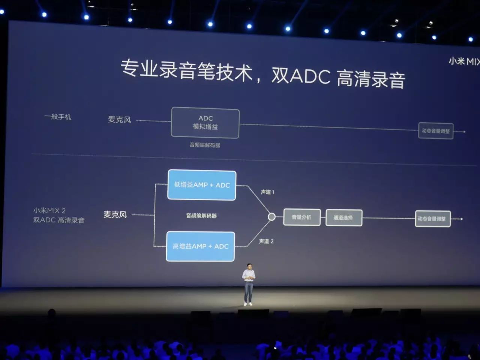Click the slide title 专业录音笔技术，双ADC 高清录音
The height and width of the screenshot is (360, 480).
tap(262, 73)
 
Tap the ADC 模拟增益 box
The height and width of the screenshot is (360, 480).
tap(205, 123)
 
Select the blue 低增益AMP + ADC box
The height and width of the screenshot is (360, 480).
tap(202, 185)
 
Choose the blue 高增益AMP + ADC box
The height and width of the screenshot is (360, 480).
tap(200, 246)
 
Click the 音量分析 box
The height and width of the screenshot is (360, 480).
tap(302, 217)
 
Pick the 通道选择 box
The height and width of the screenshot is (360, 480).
tap(343, 217)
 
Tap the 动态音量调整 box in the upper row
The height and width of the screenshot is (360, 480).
tap(435, 131)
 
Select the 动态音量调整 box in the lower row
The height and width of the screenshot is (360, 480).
tap(432, 219)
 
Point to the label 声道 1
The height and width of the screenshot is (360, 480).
tap(267, 192)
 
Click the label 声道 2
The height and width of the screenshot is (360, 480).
tap(266, 241)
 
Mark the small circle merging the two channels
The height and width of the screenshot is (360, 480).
tap(272, 217)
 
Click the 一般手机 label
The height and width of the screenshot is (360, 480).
tap(58, 117)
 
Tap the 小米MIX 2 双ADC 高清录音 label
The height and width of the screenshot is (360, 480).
tap(58, 216)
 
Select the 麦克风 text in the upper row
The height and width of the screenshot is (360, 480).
tap(120, 120)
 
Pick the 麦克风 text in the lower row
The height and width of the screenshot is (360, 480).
tap(115, 214)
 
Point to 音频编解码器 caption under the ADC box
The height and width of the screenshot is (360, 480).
tap(205, 145)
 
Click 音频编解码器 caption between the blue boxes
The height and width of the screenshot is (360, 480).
tap(201, 216)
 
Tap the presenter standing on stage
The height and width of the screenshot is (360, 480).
tap(248, 283)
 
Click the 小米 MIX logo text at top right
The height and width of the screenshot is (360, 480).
tap(464, 61)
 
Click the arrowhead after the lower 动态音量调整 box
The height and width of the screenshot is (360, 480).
tap(461, 219)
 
